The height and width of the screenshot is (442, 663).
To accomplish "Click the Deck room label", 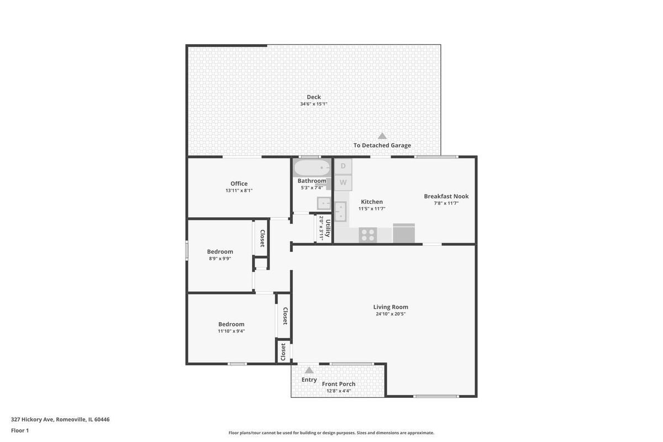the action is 313,97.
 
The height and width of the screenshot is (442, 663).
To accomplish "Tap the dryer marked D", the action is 343,166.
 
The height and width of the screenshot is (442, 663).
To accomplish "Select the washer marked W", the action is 343,182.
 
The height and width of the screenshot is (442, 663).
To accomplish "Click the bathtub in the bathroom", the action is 312,168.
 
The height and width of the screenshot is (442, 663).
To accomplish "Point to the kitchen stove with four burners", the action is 367,235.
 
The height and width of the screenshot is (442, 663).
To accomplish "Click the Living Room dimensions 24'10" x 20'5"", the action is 391,314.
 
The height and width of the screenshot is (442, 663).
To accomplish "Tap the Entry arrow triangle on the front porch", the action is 309,370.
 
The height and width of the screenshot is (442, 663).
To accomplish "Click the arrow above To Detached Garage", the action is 382,136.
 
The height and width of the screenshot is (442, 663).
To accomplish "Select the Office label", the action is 239,183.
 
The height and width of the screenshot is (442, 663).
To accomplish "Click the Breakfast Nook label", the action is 446,196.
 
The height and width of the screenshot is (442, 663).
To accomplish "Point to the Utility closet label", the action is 328,228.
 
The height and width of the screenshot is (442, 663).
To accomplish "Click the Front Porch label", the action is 339,384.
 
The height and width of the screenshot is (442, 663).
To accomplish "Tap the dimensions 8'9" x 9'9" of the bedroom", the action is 220,259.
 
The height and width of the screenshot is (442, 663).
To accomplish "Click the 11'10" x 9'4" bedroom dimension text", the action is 231,331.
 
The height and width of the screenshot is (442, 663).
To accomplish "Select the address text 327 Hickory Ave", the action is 32,419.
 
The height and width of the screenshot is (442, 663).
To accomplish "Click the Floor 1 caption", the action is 20,430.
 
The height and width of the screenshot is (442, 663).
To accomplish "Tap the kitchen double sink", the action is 340,212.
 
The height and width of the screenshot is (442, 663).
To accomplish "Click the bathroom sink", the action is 324,203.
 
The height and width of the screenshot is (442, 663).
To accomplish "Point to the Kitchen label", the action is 372,202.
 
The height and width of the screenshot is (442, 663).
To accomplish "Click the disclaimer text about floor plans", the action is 331,433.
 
